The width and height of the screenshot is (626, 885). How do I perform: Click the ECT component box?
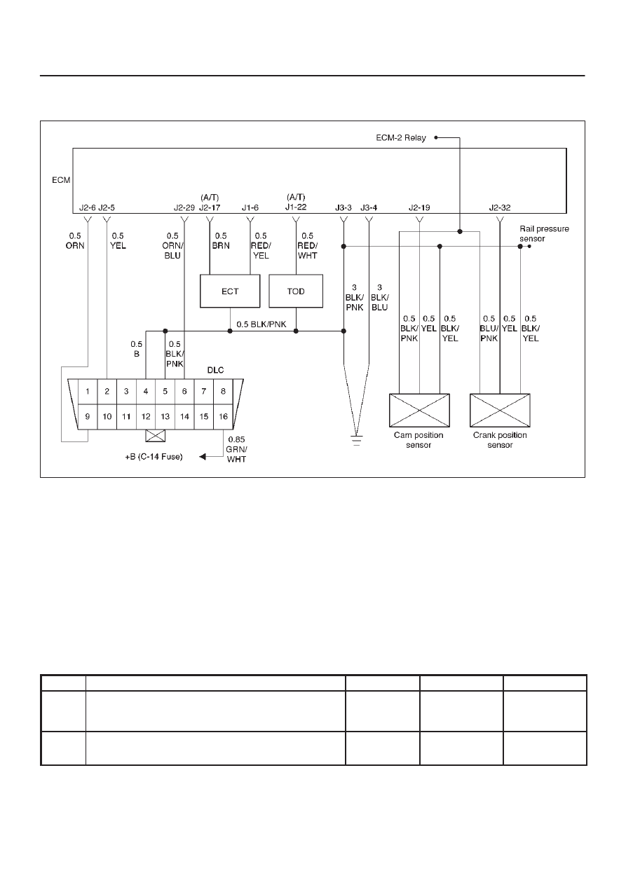coord(230,291)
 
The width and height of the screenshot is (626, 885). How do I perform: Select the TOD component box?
coord(296,291)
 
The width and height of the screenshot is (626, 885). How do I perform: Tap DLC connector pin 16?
coord(224,416)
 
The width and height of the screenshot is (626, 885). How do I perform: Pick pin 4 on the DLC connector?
coord(146,392)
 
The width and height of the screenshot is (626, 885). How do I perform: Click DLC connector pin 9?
coord(88,416)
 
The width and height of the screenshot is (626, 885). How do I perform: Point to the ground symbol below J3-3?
coord(357,441)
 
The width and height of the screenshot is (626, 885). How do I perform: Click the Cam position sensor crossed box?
coord(419,410)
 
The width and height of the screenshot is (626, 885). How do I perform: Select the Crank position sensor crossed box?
coord(500,410)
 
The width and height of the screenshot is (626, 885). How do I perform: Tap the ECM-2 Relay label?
coord(401,138)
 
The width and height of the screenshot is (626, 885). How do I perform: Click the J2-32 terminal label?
coord(500,207)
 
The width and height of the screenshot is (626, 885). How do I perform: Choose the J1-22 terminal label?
coord(296,207)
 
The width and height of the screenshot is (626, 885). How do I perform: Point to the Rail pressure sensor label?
coord(544,233)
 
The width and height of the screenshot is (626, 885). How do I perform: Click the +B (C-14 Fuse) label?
coord(154,457)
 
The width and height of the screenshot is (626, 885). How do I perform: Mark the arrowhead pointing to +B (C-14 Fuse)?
coord(203,457)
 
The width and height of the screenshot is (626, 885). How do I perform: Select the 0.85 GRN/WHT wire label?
coord(236,449)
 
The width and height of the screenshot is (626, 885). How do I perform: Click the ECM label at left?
coord(61,180)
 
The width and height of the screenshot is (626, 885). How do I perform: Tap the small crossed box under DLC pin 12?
coord(156,435)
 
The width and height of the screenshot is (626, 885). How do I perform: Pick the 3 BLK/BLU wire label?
coord(379,298)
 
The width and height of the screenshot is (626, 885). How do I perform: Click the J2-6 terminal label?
coord(88,207)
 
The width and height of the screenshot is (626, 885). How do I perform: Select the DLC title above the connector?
coord(215,370)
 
